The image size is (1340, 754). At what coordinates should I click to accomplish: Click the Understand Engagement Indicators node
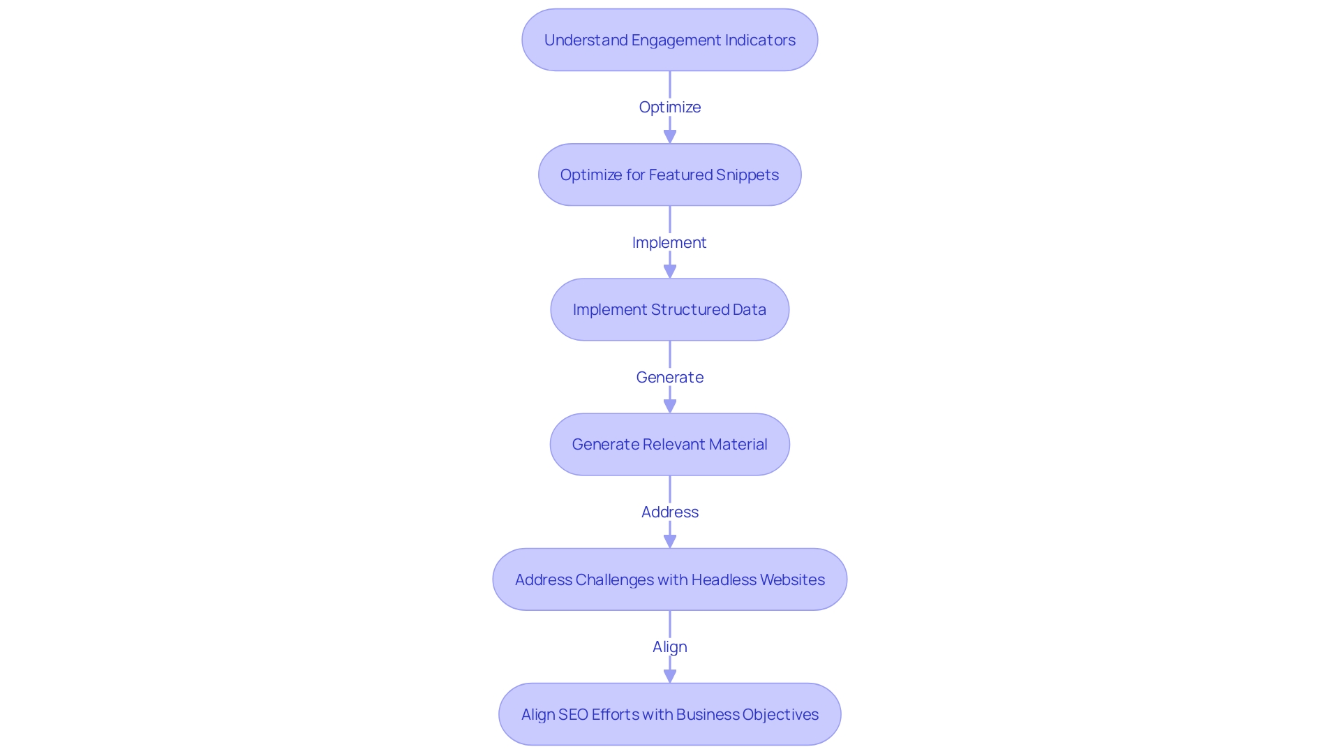(669, 40)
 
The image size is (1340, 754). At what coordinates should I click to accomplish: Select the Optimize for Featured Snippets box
(669, 175)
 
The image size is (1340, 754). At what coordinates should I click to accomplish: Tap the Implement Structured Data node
(669, 309)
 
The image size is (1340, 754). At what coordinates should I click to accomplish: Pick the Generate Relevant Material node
(669, 444)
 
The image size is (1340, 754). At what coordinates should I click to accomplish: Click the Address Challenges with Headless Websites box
(669, 579)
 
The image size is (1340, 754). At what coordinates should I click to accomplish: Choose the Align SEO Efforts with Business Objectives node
(669, 714)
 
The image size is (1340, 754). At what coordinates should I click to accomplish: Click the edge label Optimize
(669, 107)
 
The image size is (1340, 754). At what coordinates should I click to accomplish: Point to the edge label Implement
(669, 242)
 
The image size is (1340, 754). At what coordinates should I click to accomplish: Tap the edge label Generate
(669, 377)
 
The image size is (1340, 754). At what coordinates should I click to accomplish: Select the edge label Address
(669, 512)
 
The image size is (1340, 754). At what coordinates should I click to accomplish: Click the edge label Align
(669, 646)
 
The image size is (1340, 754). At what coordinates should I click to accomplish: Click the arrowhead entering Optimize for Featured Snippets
(670, 136)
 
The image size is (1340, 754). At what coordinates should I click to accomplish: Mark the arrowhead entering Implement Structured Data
(670, 271)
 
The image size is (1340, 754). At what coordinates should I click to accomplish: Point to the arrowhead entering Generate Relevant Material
(670, 406)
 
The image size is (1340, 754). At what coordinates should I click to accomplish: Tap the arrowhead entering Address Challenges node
(670, 540)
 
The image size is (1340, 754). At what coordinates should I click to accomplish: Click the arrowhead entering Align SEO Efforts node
(670, 675)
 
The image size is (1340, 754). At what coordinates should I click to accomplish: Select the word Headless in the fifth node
(724, 579)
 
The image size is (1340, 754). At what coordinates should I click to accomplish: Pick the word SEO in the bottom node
(573, 714)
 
